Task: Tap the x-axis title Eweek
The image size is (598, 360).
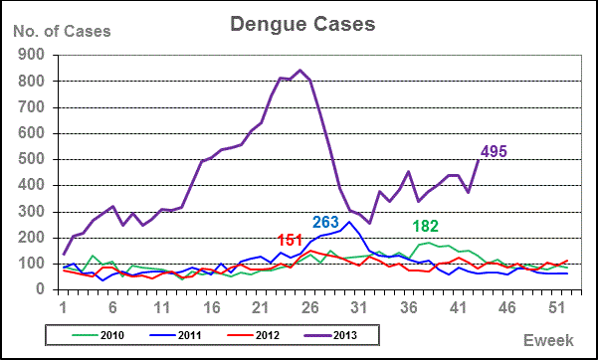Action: click(549, 341)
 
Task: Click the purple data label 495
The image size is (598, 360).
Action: click(495, 151)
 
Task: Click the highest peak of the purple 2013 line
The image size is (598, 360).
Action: click(300, 71)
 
